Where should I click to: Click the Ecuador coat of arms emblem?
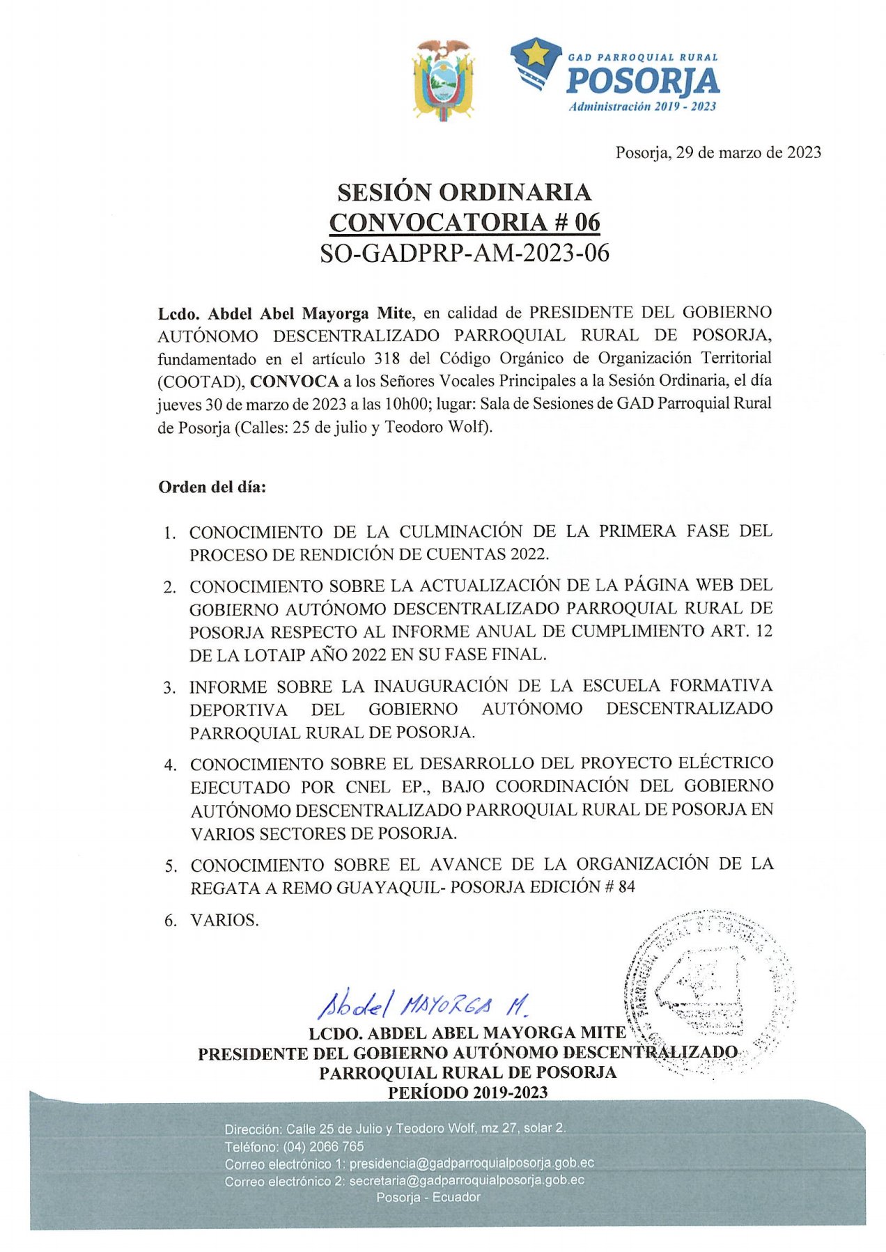pyautogui.click(x=443, y=79)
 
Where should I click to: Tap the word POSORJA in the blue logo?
pyautogui.click(x=642, y=81)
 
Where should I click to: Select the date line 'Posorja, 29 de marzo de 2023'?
pyautogui.click(x=717, y=152)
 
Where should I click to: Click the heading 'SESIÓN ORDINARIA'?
pyautogui.click(x=464, y=192)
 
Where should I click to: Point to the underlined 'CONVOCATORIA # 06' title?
pyautogui.click(x=464, y=222)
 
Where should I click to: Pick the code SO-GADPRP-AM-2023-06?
pyautogui.click(x=464, y=253)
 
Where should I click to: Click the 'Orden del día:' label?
pyautogui.click(x=212, y=487)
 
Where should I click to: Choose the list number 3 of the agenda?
pyautogui.click(x=169, y=688)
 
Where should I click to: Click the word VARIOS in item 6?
pyautogui.click(x=224, y=921)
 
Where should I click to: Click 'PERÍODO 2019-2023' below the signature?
pyautogui.click(x=467, y=1093)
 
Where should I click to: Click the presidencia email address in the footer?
pyautogui.click(x=472, y=1164)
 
